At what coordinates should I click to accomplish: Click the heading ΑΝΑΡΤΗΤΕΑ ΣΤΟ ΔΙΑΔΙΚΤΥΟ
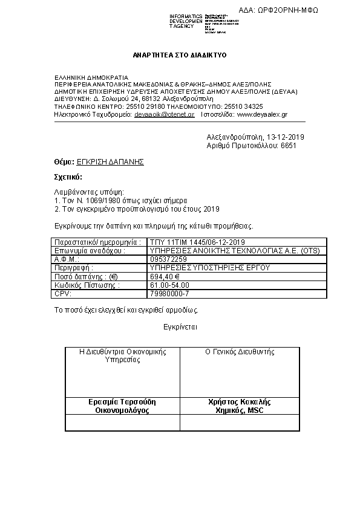pyautogui.click(x=179, y=55)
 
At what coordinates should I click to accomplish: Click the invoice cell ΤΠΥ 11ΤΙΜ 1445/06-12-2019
pyautogui.click(x=192, y=242)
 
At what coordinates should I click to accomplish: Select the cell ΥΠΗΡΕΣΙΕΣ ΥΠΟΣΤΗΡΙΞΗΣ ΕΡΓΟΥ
pyautogui.click(x=209, y=267)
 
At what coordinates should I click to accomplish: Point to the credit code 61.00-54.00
pyautogui.click(x=169, y=284)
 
